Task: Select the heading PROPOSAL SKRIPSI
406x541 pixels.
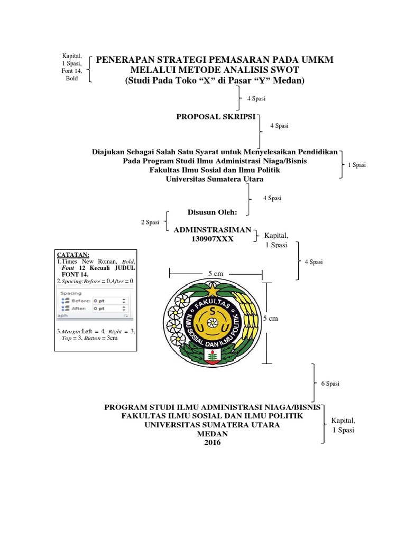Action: point(216,115)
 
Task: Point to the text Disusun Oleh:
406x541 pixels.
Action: point(213,212)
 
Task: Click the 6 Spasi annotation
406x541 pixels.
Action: point(330,384)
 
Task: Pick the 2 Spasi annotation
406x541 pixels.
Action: point(150,222)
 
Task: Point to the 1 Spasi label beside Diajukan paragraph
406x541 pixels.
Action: point(357,165)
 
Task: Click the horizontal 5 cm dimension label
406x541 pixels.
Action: point(215,273)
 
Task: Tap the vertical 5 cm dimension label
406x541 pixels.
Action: point(270,319)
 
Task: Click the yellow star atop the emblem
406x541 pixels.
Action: point(213,290)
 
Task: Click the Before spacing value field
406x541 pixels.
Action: point(110,300)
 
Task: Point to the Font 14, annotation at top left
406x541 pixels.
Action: point(71,71)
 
